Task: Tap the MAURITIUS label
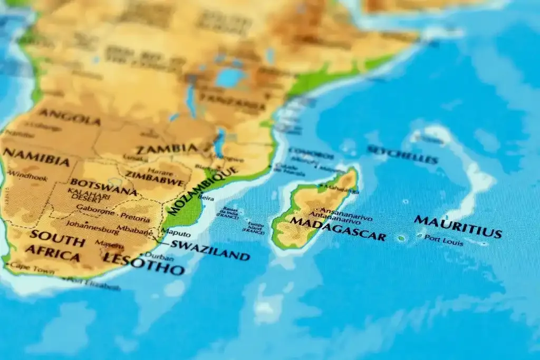(457, 227)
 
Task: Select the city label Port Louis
(444, 240)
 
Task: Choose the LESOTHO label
(144, 264)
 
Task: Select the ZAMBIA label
(167, 149)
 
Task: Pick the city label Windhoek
(28, 176)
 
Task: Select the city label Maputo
(176, 232)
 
